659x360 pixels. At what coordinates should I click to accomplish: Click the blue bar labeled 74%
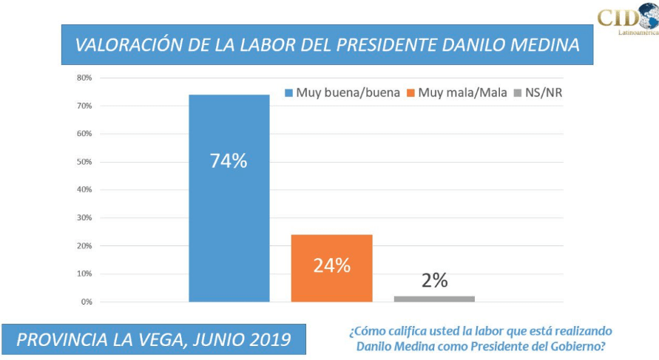[x=229, y=222]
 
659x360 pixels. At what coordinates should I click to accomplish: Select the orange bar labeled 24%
[x=331, y=281]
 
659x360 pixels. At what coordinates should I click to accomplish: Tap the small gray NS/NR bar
[x=434, y=299]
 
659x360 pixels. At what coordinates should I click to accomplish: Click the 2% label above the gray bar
[x=435, y=281]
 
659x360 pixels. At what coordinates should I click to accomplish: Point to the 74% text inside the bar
[x=229, y=161]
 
